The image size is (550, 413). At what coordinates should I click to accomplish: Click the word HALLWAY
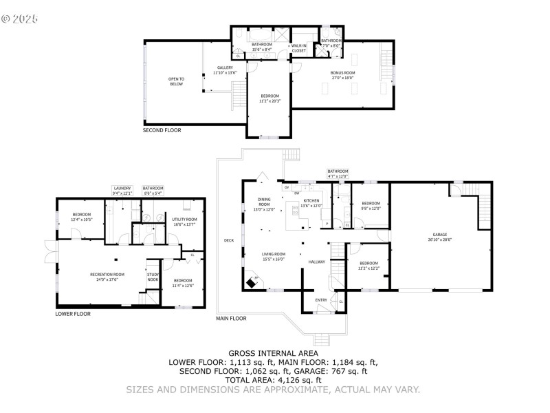coord(316,262)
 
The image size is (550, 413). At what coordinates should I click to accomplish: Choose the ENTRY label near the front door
coord(321,299)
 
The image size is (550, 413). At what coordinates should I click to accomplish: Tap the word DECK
coord(228,240)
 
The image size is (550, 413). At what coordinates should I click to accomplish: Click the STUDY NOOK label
coord(153,277)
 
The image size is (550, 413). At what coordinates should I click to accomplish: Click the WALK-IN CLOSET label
coord(298,48)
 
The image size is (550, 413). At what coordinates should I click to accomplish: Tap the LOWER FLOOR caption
coord(73,314)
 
